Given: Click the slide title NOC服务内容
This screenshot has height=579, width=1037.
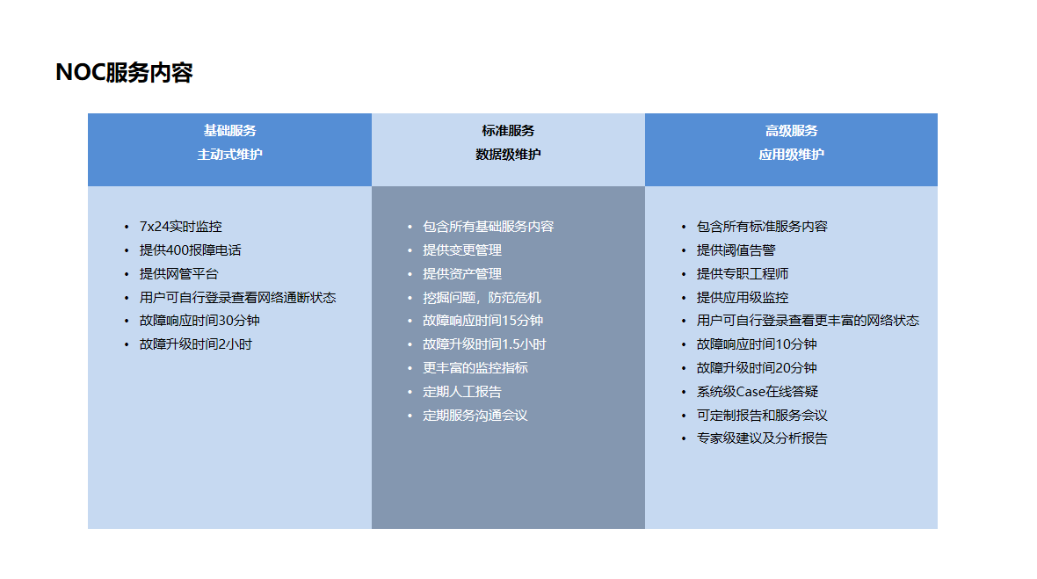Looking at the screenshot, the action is click(x=124, y=72).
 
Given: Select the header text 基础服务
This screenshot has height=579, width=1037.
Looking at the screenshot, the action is click(x=229, y=131).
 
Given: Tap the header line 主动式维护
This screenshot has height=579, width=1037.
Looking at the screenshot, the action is click(x=229, y=155).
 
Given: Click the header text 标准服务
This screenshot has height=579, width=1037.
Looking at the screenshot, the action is click(x=508, y=131).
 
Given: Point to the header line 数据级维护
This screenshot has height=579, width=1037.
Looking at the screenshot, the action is click(x=508, y=155).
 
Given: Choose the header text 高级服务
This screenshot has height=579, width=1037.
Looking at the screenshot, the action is click(x=791, y=131).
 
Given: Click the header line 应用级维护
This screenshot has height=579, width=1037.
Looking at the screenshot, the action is click(x=791, y=155).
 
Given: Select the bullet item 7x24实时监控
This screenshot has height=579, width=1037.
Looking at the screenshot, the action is click(x=180, y=227).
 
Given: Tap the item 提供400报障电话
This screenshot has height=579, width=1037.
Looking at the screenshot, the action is click(x=191, y=250).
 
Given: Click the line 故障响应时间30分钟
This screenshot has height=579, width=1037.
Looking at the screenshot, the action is click(x=199, y=321).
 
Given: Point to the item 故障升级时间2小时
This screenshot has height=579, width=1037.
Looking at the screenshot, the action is click(x=196, y=344).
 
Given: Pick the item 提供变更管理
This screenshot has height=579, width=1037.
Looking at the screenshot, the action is click(x=462, y=250).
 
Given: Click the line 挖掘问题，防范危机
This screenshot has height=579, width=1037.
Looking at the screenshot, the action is click(x=482, y=298).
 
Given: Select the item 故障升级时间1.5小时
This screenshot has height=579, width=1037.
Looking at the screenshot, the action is click(x=485, y=344).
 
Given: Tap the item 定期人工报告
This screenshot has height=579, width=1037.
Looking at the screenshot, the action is click(x=462, y=392).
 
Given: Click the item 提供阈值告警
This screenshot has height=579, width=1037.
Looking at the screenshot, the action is click(x=736, y=250).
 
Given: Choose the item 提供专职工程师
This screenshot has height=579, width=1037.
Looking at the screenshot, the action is click(x=743, y=274).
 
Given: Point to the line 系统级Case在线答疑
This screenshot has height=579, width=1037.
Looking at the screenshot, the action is click(x=758, y=392).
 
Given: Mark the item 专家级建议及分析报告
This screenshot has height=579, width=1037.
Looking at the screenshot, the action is click(x=762, y=438).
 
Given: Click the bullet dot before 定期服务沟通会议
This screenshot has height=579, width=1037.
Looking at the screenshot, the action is click(x=410, y=416).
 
